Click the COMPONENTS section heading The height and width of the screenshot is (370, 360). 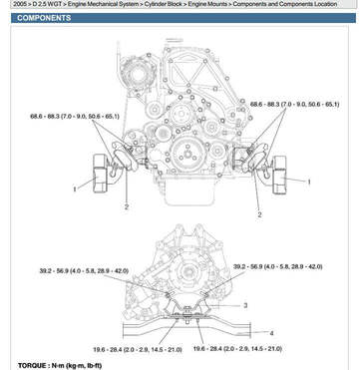coord(44,18)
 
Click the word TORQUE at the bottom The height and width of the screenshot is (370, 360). coord(32,366)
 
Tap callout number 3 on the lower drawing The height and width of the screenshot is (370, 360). coord(245,305)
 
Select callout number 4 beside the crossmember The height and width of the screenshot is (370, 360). coord(271,333)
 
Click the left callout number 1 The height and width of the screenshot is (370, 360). coord(75,189)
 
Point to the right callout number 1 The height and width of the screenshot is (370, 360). coord(309,182)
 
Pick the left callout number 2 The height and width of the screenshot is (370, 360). coord(127,206)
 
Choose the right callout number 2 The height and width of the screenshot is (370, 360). coord(259,214)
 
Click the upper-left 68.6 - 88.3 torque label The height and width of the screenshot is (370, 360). coord(75,117)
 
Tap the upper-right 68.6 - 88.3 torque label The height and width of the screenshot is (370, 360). coord(294,105)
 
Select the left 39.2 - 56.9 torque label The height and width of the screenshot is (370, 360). coord(84,271)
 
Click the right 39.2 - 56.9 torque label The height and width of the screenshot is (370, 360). coord(277,266)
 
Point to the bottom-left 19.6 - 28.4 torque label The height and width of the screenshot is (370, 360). coord(138,350)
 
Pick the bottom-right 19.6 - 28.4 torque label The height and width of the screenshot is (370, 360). coord(237,349)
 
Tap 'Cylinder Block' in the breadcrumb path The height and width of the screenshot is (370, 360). coord(163,4)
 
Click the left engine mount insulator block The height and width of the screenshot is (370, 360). coord(100,174)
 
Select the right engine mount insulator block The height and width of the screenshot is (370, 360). coord(279,175)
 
